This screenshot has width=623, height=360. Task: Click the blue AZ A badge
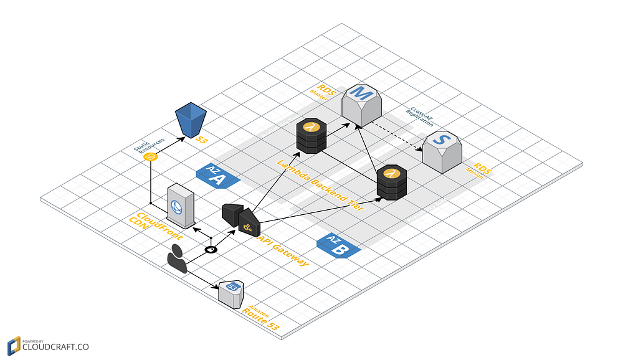(x=217, y=176)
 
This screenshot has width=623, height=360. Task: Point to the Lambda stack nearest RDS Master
(x=310, y=135)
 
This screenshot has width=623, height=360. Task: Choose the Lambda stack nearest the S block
(x=391, y=182)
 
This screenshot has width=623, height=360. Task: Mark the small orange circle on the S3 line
(x=150, y=157)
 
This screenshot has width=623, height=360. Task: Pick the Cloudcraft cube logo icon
(x=13, y=346)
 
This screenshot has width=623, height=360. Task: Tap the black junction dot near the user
(x=211, y=250)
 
